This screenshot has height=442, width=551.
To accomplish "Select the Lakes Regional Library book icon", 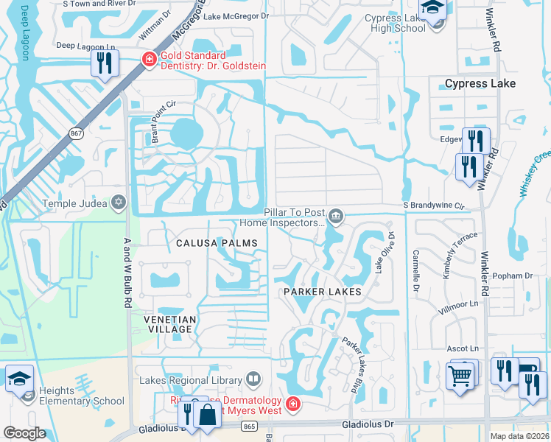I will click(253, 380).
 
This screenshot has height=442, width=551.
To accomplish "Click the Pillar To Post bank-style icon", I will click(336, 216).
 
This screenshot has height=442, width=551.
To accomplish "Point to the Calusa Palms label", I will click(217, 243).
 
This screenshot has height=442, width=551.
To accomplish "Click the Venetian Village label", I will click(169, 325).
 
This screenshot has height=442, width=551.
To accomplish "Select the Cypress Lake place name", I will click(480, 84).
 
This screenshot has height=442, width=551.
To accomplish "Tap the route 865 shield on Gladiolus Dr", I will click(249, 425).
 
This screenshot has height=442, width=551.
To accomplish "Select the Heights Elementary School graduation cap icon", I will click(19, 379).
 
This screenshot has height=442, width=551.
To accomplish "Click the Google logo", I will click(24, 433).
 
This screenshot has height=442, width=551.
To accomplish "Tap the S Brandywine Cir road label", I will click(435, 206).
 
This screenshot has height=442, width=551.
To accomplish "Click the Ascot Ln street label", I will click(463, 348).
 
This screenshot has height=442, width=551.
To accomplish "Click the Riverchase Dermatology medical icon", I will click(293, 404).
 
